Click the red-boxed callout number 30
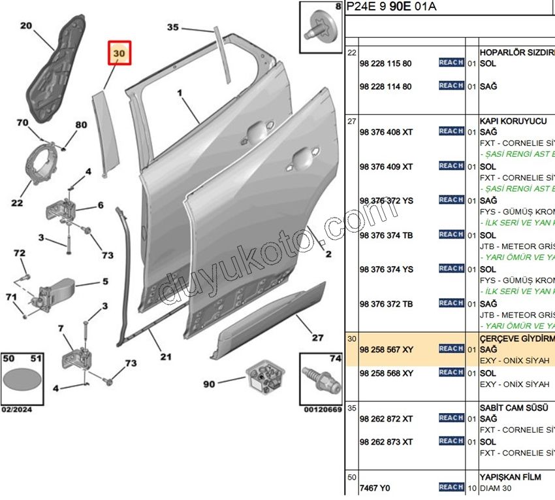click(119, 52)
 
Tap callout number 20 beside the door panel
click(26, 26)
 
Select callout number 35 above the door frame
click(172, 27)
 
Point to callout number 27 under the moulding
click(317, 338)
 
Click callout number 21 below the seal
click(166, 357)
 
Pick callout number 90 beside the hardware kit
click(209, 384)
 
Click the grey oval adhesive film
click(22, 382)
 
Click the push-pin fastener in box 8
click(321, 27)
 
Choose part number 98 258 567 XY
click(386, 349)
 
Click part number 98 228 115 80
click(385, 63)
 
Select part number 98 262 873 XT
click(386, 442)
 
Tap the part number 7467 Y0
click(375, 488)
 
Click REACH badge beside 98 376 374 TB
click(451, 234)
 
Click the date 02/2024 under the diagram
click(16, 410)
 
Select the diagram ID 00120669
click(322, 410)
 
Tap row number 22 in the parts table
click(352, 52)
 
